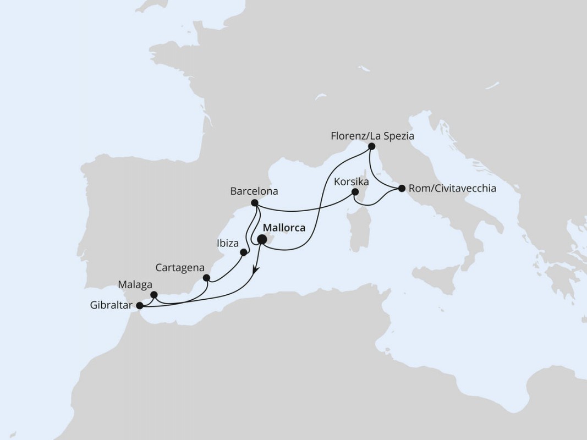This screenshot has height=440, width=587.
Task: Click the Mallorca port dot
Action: [262, 239]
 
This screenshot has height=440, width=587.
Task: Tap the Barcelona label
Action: [254, 191]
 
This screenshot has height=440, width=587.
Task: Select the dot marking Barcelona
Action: [254, 203]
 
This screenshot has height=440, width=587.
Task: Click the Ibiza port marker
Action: [244, 252]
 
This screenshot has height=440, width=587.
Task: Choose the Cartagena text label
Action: [180, 268]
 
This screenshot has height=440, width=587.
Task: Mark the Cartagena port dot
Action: [206, 278]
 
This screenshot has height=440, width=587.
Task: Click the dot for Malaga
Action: [154, 295]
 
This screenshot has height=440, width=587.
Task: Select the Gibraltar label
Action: [111, 305]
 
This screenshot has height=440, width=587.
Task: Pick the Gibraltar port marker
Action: [139, 305]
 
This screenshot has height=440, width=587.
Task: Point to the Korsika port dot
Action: [355, 192]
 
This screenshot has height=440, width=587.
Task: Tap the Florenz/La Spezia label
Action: [372, 135]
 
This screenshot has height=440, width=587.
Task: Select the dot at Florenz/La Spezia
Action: [372, 146]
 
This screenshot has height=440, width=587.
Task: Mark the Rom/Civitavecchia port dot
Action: [402, 189]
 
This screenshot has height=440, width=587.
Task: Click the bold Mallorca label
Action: [284, 228]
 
